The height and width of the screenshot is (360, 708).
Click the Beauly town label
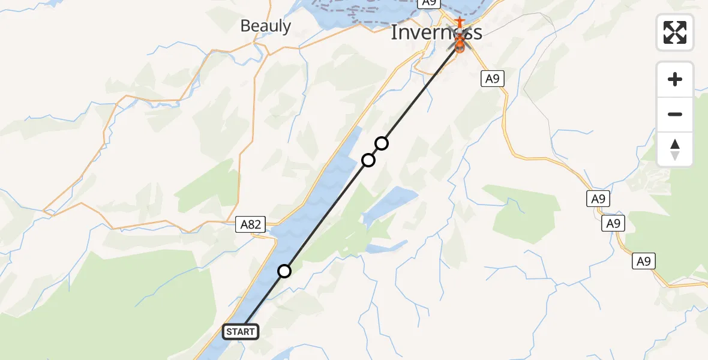click(265, 26)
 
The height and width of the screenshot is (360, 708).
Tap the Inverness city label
click(436, 32)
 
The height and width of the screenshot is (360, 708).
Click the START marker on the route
click(241, 331)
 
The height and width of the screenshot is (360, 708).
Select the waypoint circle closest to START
click(284, 271)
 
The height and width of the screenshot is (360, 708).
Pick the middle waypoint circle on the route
click(368, 160)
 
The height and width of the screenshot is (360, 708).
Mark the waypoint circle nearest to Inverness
click(382, 143)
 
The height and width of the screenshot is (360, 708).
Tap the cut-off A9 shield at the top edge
click(427, 3)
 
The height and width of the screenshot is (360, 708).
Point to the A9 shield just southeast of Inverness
click(491, 79)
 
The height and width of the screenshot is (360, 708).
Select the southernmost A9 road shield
click(643, 261)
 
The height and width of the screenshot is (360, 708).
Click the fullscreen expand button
click(675, 32)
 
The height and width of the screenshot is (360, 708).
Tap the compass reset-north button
click(675, 149)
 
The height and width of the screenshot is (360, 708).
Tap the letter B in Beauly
click(245, 26)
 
